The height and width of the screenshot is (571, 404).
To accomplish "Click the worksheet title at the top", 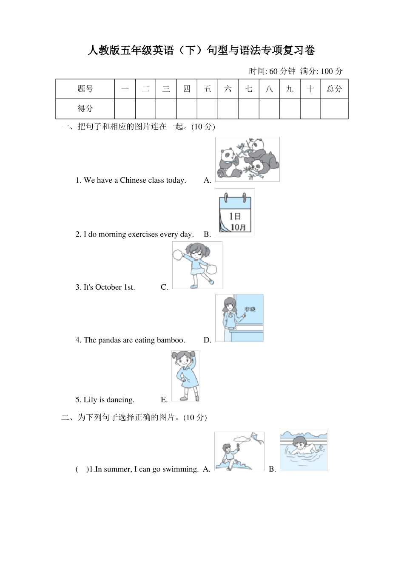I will [201, 51].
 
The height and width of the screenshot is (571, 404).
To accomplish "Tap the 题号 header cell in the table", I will [85, 89].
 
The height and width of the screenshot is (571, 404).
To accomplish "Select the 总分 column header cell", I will [334, 89].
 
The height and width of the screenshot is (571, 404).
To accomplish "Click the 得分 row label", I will [85, 109].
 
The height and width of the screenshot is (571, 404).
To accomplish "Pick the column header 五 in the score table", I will [207, 89].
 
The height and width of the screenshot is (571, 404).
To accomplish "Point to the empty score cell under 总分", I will [334, 109].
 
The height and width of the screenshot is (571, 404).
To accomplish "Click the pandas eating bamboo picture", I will [247, 159].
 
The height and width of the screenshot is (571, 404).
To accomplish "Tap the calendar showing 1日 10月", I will [235, 212].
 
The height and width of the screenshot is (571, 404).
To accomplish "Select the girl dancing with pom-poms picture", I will [197, 265].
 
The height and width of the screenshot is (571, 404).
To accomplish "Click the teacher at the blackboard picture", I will [239, 318].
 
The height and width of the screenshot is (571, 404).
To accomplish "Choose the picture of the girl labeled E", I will [185, 376].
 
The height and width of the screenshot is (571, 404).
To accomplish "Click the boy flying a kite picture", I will [239, 451].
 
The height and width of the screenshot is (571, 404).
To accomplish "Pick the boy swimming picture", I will [303, 450].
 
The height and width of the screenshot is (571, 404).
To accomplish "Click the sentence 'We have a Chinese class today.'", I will [131, 180].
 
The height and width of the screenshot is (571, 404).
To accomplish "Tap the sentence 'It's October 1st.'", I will [105, 287].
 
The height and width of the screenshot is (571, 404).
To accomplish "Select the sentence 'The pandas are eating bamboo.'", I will [130, 340].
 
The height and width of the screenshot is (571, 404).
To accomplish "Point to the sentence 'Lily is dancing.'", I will [105, 400].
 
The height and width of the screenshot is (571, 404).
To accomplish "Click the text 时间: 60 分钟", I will [272, 71].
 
